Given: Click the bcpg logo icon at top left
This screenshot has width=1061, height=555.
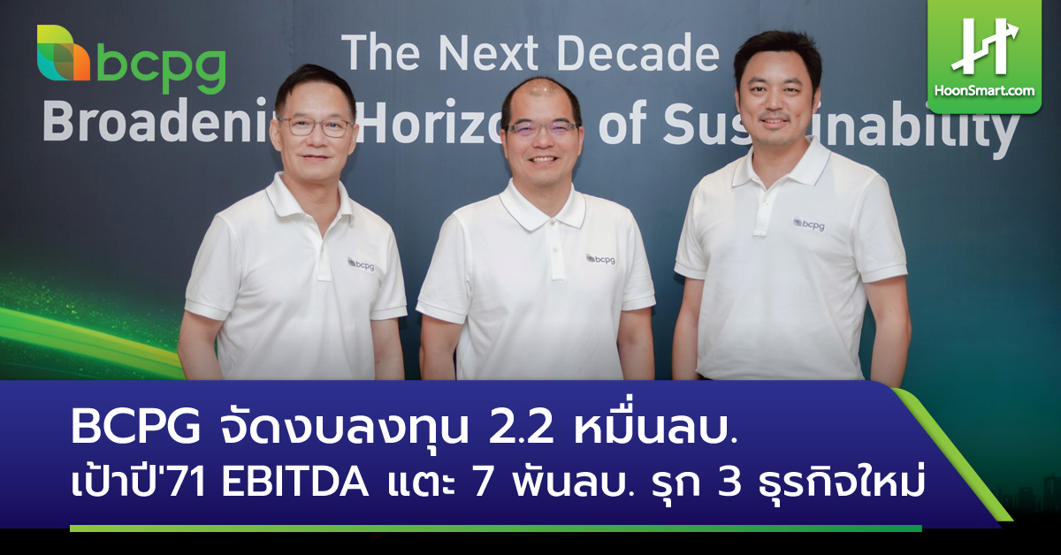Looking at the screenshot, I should [63, 54].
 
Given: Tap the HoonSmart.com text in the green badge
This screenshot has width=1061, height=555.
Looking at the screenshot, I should [984, 89].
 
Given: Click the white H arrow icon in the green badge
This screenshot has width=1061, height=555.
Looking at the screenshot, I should [984, 45].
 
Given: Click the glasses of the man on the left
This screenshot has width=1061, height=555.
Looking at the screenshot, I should [315, 125].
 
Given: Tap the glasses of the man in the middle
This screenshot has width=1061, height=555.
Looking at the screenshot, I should [542, 129].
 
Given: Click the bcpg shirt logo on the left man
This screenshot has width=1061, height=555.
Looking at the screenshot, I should [361, 263].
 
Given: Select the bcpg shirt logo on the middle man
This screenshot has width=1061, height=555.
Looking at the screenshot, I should [600, 260].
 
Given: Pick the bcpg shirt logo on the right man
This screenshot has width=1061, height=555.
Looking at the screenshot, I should [808, 224].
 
